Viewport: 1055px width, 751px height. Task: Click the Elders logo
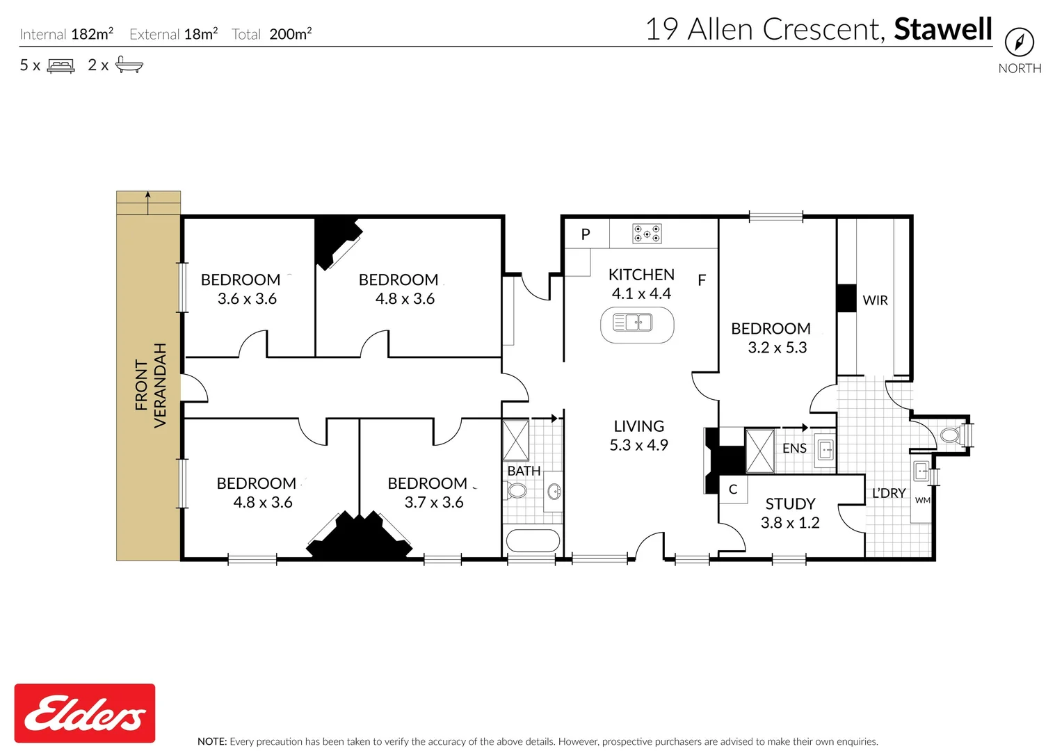85,713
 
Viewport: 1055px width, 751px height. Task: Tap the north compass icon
1020,42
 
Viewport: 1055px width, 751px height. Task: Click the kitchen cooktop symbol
647,234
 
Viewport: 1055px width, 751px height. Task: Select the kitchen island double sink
633,323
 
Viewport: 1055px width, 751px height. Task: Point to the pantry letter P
586,234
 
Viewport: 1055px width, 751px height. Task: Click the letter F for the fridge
701,281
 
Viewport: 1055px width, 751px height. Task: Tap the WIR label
875,300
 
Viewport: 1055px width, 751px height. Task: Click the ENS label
794,449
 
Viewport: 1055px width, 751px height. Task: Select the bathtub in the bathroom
533,540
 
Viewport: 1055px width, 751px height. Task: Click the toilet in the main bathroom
516,491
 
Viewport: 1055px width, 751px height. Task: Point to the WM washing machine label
922,500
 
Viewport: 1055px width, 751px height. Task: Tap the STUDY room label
790,504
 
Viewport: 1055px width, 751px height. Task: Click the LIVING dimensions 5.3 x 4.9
638,445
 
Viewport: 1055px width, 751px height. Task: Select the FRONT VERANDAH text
151,386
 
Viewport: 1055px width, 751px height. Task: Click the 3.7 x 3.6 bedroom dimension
434,502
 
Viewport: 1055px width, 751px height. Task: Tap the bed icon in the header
61,65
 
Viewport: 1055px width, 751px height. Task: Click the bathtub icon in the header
129,65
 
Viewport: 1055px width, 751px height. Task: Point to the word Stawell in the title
943,29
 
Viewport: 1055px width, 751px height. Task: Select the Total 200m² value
291,34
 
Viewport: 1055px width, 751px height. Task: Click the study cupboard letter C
733,490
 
